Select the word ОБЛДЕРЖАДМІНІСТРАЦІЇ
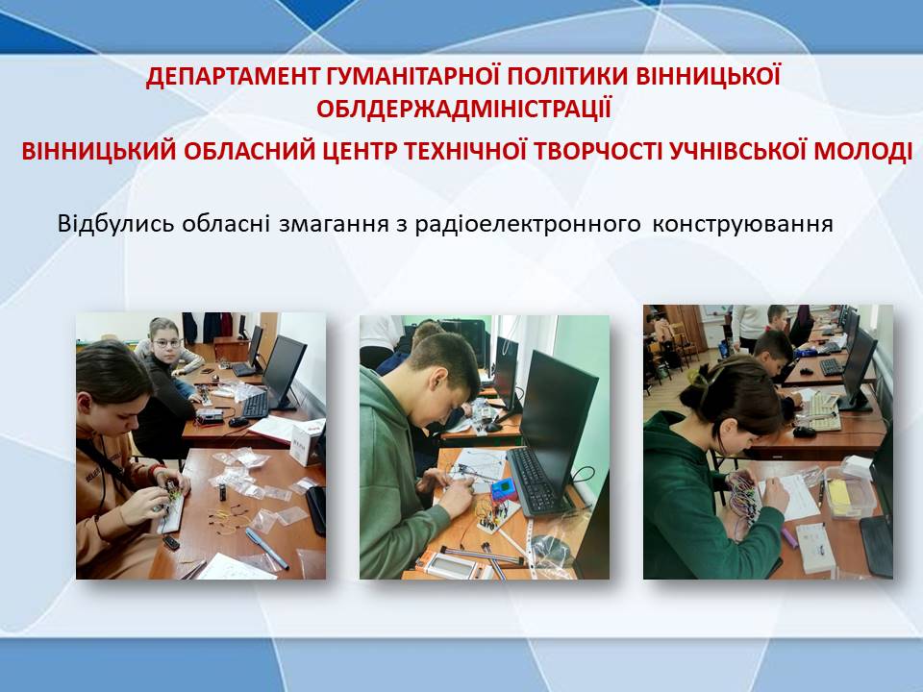(x=463, y=110)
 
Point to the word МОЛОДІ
(x=863, y=151)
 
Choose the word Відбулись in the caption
(x=115, y=224)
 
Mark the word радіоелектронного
(x=528, y=225)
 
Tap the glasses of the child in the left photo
(x=167, y=343)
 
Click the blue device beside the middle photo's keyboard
(x=503, y=489)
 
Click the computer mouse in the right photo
(x=804, y=432)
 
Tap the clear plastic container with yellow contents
(x=849, y=493)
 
